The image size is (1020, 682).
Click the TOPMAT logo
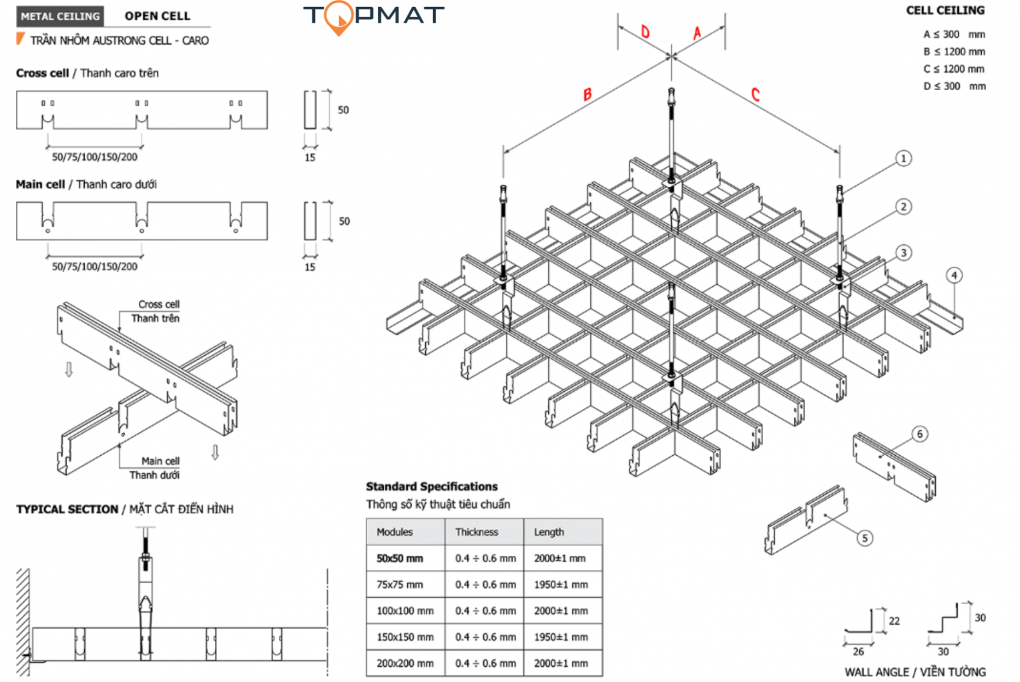pyautogui.click(x=374, y=16)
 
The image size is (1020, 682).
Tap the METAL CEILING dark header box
pyautogui.click(x=61, y=17)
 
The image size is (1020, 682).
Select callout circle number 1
pyautogui.click(x=903, y=158)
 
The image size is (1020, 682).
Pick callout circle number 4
pyautogui.click(x=954, y=275)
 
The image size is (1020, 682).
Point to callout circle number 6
pyautogui.click(x=919, y=434)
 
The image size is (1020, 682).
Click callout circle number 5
pyautogui.click(x=864, y=538)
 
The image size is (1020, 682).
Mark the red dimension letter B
pyautogui.click(x=587, y=95)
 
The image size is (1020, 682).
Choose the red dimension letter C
pyautogui.click(x=755, y=95)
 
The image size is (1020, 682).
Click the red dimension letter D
pyautogui.click(x=645, y=32)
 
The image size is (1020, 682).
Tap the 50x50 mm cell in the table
pyautogui.click(x=400, y=558)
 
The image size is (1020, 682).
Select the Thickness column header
pyautogui.click(x=477, y=532)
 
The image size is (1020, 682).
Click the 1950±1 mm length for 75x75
pyautogui.click(x=561, y=584)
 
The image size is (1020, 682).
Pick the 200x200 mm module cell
pyautogui.click(x=405, y=664)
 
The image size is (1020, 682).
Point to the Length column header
pyautogui.click(x=549, y=532)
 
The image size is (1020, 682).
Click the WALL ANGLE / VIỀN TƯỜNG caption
pyautogui.click(x=915, y=672)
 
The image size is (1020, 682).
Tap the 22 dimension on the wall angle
pyautogui.click(x=894, y=621)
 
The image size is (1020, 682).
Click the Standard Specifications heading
pyautogui.click(x=432, y=486)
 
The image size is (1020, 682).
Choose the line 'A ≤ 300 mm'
pyautogui.click(x=954, y=34)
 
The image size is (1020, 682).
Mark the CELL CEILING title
pyautogui.click(x=945, y=10)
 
